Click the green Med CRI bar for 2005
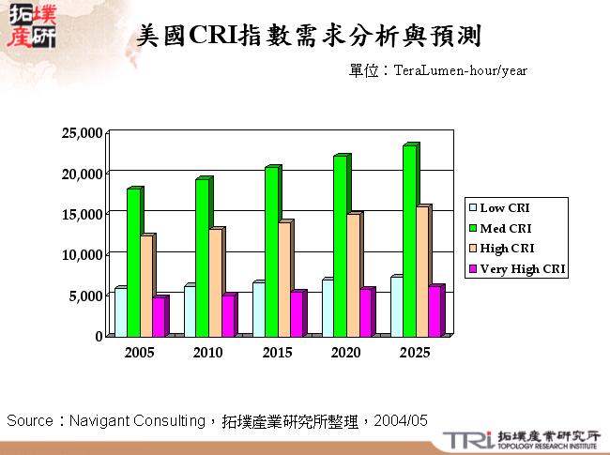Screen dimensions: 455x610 coord(133,263)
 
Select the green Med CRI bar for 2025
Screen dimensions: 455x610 coord(409,242)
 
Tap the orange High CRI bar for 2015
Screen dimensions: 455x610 coord(283,279)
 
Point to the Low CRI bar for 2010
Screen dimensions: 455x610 coord(190,311)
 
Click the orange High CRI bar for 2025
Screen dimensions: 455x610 coord(422,271)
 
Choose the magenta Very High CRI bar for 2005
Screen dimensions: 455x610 coord(159,316)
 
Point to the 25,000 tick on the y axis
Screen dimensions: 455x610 coord(81,133)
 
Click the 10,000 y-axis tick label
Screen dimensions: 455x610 coord(81,254)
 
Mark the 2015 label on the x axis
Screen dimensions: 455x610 coord(277,353)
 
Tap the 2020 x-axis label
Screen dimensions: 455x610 coord(346,353)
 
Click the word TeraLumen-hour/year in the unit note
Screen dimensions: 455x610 coord(461,70)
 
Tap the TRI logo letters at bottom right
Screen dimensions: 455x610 coord(466,440)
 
